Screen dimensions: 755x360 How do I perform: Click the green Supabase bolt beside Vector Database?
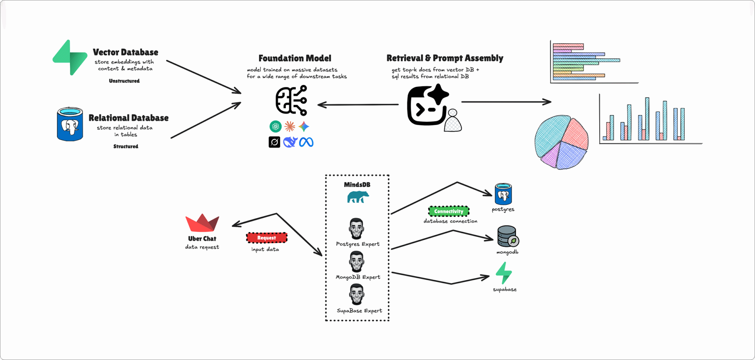70,57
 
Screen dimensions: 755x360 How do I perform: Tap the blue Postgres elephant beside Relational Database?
70,124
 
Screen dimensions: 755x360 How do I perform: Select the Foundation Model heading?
295,58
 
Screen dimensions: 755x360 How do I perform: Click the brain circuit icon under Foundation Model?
291,100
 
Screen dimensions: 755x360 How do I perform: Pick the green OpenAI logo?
276,126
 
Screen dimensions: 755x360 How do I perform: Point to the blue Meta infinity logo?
306,142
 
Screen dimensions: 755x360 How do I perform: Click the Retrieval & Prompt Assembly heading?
445,58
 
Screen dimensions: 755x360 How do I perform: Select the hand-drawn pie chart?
562,142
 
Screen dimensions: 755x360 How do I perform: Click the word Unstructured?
124,81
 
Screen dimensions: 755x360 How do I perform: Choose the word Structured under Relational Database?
126,146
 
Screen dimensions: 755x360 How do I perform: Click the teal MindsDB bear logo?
358,197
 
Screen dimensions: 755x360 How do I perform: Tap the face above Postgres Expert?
357,228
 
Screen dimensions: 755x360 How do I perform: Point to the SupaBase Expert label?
359,310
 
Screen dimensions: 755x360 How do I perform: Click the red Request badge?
267,238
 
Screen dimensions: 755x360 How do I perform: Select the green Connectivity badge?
449,211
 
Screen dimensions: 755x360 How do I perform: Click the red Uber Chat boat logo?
202,223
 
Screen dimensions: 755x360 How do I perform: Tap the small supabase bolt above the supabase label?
504,273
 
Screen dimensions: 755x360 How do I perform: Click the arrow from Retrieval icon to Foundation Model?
358,105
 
